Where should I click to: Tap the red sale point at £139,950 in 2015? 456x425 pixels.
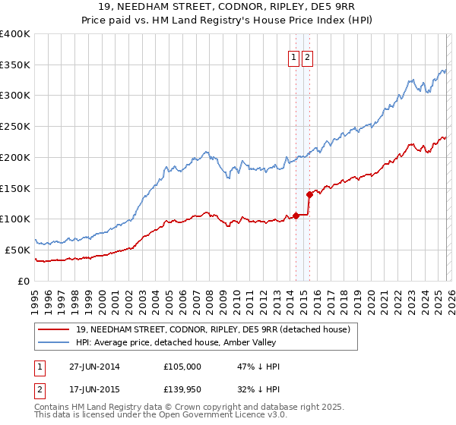[x=309, y=194]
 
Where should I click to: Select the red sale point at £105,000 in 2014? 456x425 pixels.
[x=296, y=216]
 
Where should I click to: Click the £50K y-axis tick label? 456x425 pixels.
[x=17, y=250]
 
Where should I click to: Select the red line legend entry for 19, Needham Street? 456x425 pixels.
[x=213, y=329]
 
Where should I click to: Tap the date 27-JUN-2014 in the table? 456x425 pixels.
[x=94, y=367]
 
